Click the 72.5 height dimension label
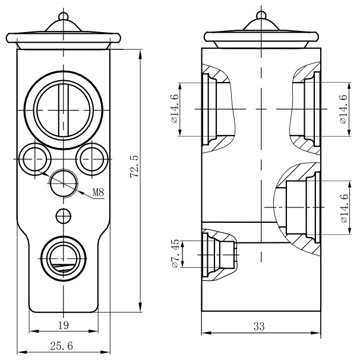134,166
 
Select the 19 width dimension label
64,324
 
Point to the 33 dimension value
259,326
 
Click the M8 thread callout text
99,192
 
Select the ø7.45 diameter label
175,254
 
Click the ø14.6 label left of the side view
174,109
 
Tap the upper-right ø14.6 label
343,109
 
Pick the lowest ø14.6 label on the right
343,209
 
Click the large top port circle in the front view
62,111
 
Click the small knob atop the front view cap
62,13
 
